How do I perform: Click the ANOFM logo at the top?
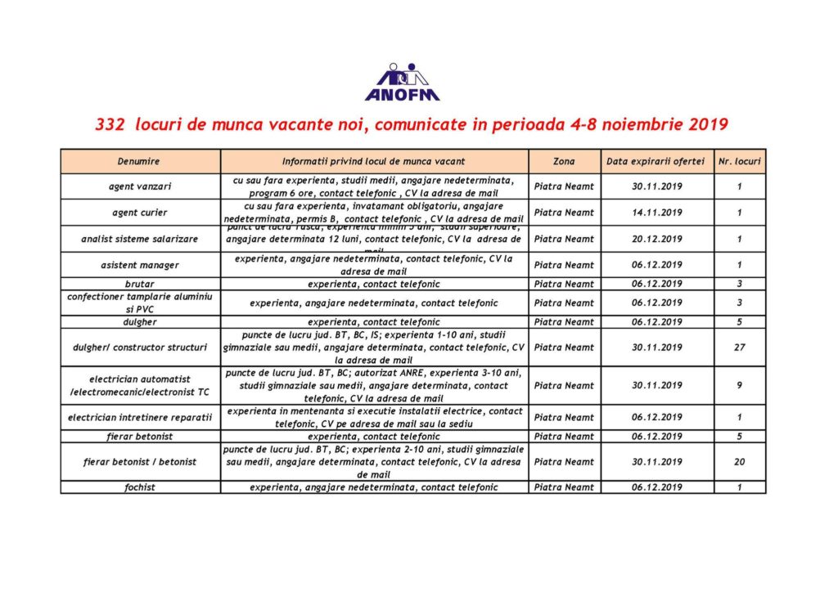402,82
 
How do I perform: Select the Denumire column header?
138,162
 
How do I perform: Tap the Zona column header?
564,162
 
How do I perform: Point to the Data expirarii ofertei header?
656,162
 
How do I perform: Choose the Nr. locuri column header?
738,162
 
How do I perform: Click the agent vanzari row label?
138,186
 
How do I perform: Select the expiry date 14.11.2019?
656,213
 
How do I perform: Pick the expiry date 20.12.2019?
656,239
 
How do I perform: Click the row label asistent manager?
138,265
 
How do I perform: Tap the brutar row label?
138,284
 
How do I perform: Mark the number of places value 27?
738,348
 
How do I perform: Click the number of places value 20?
738,462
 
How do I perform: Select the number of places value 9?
738,385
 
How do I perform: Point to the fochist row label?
138,487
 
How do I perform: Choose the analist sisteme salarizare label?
139,239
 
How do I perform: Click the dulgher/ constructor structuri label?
138,348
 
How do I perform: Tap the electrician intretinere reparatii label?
139,417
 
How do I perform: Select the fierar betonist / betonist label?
139,462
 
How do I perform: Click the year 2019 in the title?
703,126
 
